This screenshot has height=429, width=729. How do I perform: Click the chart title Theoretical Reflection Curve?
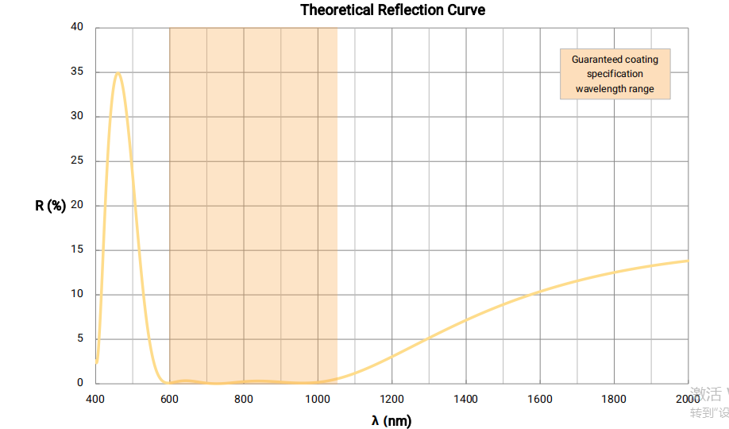coord(392,10)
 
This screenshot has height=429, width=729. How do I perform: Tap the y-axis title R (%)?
coord(50,206)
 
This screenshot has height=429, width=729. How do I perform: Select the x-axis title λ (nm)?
coord(391,420)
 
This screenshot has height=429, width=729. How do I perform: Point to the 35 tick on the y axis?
coord(78,72)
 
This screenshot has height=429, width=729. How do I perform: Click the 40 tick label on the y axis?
coord(78,27)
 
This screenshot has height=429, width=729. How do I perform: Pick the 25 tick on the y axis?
coord(78,161)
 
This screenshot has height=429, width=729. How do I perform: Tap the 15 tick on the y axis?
coord(78,250)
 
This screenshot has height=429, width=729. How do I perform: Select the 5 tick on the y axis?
coord(80,338)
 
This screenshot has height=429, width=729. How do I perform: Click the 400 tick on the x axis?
coord(95,399)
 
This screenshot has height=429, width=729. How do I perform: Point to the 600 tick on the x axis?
coord(169,399)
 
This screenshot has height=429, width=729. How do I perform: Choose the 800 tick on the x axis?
coord(244,399)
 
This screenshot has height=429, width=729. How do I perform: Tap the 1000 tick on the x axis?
coord(318,399)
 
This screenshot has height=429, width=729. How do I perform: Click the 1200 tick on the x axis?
coord(391,399)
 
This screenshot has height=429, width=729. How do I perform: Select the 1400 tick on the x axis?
coord(466,399)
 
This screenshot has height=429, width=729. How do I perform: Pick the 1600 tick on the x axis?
coord(540,399)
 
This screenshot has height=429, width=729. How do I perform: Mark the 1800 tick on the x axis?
coord(614,399)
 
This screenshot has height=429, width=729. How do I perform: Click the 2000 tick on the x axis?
coord(688,399)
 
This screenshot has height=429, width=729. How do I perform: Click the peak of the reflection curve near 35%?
coord(118,73)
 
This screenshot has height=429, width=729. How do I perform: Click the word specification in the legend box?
coord(615,74)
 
